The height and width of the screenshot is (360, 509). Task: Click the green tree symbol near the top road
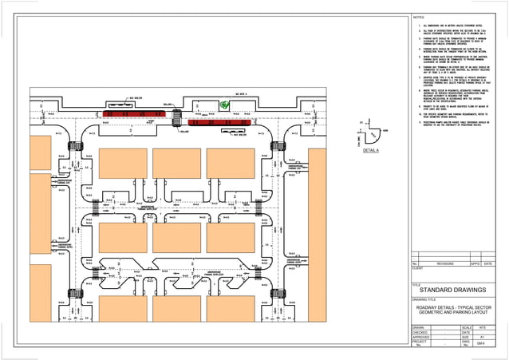pos(225,104)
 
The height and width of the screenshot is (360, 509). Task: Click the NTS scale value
pos(483,327)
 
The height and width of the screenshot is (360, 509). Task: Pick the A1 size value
pos(483,338)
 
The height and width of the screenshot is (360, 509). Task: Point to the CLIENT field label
pos(417,268)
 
